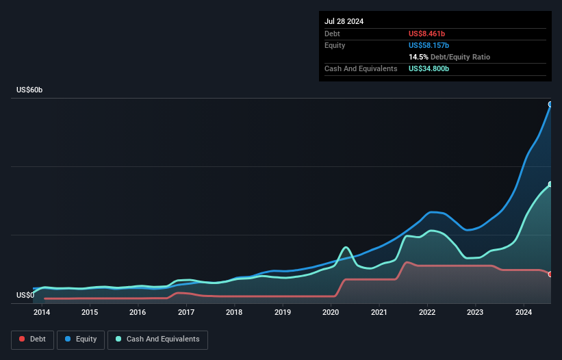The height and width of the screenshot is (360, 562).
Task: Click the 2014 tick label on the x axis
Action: pos(42,312)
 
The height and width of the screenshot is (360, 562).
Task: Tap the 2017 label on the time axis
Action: pos(186,312)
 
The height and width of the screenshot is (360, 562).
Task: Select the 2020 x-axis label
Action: pos(331,312)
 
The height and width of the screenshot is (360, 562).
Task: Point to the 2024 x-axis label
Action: pos(523,312)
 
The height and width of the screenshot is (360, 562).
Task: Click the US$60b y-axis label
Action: pos(29,90)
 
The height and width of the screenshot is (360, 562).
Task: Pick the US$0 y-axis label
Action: pos(25,295)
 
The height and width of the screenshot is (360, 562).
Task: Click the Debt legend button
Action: pos(33,339)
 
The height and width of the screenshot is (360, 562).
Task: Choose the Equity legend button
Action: pos(81,339)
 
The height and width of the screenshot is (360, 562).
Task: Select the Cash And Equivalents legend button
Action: pos(157,339)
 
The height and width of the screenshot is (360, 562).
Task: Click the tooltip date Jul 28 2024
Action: pos(344,21)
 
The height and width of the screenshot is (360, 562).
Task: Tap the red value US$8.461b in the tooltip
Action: pos(426,34)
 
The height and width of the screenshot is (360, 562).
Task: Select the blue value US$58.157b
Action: pos(429,45)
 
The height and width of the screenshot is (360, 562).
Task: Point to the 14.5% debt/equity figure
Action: pos(418,57)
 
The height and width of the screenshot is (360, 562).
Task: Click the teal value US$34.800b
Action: pos(429,68)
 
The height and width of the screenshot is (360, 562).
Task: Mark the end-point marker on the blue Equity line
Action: pos(550,104)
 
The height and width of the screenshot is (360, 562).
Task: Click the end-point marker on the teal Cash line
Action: pos(550,184)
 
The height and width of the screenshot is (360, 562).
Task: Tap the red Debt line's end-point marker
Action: pos(550,274)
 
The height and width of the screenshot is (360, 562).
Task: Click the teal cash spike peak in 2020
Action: pos(346,247)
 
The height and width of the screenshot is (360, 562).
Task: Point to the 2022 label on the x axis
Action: pos(427,312)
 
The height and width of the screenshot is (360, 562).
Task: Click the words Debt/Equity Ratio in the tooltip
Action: pos(460,57)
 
